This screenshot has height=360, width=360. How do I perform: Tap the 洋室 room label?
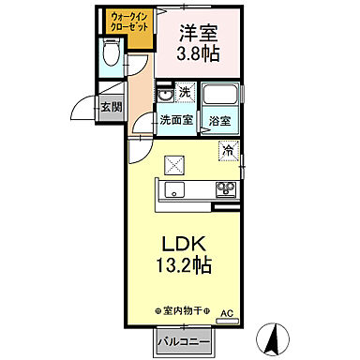point(198,30)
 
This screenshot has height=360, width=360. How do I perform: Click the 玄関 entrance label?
point(111,107)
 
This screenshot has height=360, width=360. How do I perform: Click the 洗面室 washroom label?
point(175,120)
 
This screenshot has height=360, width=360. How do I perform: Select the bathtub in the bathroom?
point(221,96)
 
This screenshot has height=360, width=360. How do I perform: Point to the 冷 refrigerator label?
point(229,148)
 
